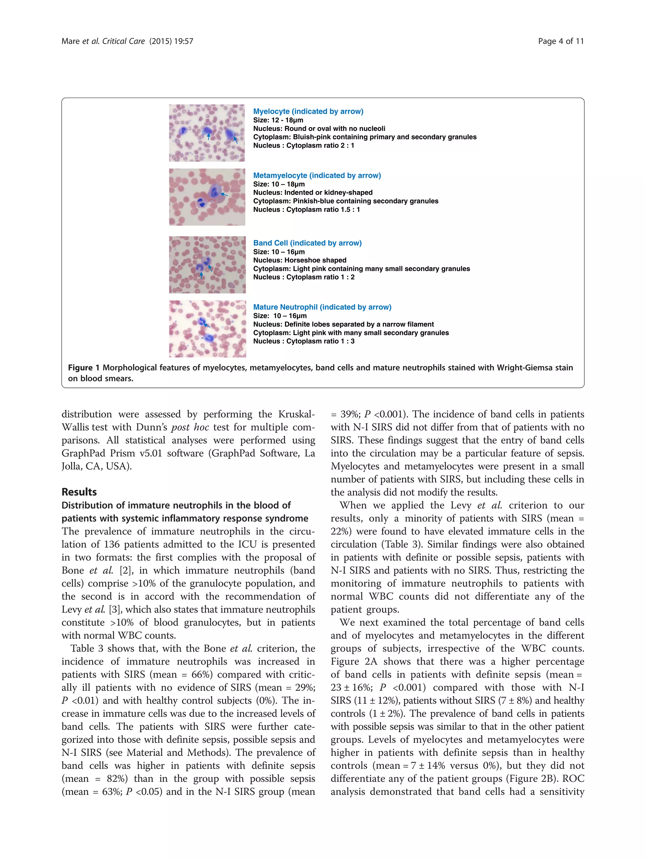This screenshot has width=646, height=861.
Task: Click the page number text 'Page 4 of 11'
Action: click(561, 41)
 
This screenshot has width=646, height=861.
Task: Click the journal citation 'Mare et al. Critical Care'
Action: click(103, 41)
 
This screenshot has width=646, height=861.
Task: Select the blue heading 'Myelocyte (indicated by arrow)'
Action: click(308, 111)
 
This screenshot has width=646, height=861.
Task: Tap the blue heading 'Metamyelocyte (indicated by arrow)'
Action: click(317, 176)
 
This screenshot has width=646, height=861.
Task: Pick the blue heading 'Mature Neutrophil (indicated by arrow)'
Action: click(322, 307)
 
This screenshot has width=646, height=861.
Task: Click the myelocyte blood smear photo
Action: click(207, 133)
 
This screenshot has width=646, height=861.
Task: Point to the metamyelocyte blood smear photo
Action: click(207, 197)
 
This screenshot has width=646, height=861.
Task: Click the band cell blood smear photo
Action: click(207, 265)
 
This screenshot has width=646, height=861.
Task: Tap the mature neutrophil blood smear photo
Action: click(207, 329)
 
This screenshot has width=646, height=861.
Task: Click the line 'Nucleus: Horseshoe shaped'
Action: click(299, 260)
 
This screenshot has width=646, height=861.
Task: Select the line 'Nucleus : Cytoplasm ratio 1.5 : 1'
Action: click(307, 210)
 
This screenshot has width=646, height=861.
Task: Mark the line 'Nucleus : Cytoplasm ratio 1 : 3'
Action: click(304, 341)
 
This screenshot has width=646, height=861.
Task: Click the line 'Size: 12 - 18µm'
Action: click(278, 120)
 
